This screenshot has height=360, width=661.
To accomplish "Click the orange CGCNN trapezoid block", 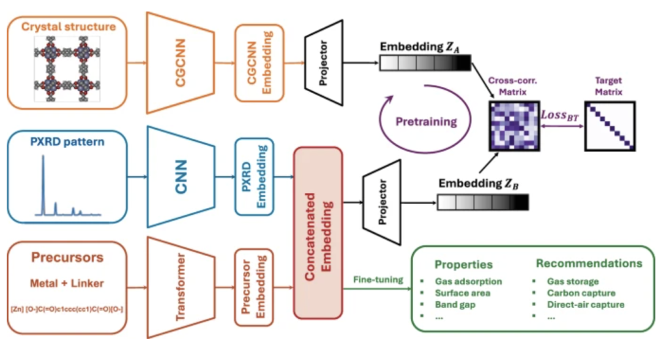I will tap(180, 62).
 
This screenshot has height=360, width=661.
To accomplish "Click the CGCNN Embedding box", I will tap(260, 62).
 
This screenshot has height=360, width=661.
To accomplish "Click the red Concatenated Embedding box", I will tap(318, 233).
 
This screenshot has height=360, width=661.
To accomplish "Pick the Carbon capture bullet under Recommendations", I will tap(581, 293).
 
